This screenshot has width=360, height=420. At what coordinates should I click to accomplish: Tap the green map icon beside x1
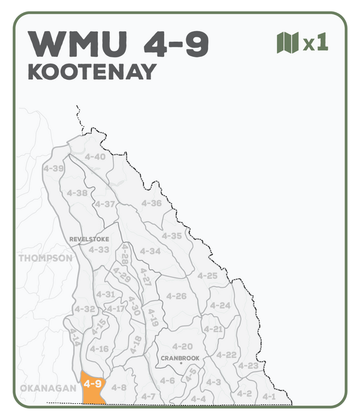pyautogui.click(x=287, y=43)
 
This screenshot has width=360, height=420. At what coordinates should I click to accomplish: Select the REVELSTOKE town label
pyautogui.click(x=89, y=240)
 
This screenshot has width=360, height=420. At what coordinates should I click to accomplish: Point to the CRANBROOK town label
pyautogui.click(x=180, y=358)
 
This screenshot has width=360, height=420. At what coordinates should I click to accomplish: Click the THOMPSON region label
pyautogui.click(x=46, y=259)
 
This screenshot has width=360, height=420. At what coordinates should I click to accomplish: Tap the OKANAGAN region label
pyautogui.click(x=48, y=388)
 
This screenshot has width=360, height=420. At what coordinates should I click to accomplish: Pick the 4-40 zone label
pyautogui.click(x=95, y=157)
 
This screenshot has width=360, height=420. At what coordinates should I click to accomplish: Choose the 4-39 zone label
pyautogui.click(x=53, y=168)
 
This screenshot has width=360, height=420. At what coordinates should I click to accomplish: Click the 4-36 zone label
pyautogui.click(x=151, y=204)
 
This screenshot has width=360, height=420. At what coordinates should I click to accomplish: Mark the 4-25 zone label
pyautogui.click(x=208, y=276)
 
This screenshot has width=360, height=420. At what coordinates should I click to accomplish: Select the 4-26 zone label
pyautogui.click(x=176, y=296)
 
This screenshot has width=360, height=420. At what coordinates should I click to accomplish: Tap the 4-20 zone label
pyautogui.click(x=182, y=346)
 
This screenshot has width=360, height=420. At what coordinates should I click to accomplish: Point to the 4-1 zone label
pyautogui.click(x=269, y=396)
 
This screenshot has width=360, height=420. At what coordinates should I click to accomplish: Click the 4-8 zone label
pyautogui.click(x=119, y=387)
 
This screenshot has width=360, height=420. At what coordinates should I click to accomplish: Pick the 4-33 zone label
pyautogui.click(x=99, y=250)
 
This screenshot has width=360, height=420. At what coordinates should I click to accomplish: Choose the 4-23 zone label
pyautogui.click(x=248, y=366)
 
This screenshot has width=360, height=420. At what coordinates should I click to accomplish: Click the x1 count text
pyautogui.click(x=316, y=44)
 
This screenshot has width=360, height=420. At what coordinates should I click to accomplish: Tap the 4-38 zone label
pyautogui.click(x=77, y=193)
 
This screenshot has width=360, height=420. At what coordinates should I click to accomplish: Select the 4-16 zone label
pyautogui.click(x=99, y=349)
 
